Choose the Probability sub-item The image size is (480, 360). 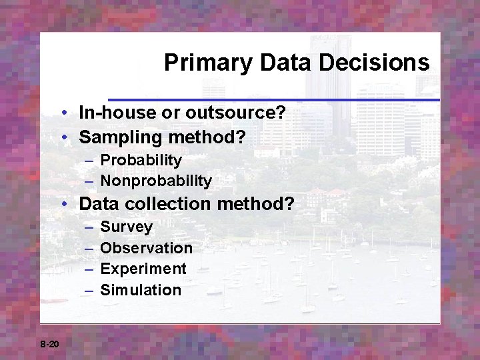coord(141,160)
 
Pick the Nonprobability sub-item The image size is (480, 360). coord(156,181)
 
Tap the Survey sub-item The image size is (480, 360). coord(126,227)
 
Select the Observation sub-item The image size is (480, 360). coord(146,248)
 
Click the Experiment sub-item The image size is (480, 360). coord(143,269)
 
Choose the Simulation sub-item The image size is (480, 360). coord(141,290)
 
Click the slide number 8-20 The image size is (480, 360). coord(49,344)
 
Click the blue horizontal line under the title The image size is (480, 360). coord(273,100)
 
